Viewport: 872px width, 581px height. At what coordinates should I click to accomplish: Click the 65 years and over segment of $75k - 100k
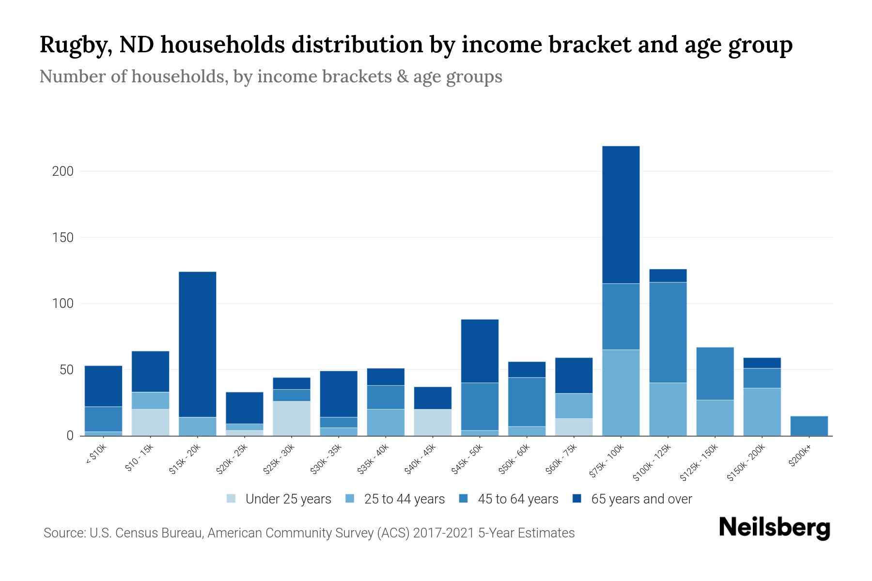(621, 214)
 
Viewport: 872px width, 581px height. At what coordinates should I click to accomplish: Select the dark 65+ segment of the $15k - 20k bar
(198, 344)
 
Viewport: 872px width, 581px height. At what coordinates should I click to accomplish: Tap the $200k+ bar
(809, 426)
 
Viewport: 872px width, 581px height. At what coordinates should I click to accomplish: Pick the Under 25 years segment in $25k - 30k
(292, 418)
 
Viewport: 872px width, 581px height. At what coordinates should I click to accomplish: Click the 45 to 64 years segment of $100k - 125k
(668, 332)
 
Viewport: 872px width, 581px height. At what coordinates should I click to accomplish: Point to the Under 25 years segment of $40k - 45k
(433, 422)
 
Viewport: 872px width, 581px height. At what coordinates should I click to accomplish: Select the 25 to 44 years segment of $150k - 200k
(762, 412)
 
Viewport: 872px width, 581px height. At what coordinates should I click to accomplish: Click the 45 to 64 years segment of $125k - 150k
(715, 373)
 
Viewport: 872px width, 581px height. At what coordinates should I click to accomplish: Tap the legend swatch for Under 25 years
(231, 499)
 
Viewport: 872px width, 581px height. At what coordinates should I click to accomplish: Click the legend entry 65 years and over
(641, 499)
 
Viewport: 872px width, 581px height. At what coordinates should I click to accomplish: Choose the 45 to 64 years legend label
(518, 499)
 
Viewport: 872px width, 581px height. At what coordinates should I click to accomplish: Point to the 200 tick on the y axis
(62, 171)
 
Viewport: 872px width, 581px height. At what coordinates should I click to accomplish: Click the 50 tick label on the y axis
(66, 370)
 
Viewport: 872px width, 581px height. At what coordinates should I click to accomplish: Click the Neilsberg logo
(774, 528)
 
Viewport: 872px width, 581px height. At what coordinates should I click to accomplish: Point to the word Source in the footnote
(63, 533)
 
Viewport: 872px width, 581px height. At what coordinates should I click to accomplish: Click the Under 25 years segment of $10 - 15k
(151, 422)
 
